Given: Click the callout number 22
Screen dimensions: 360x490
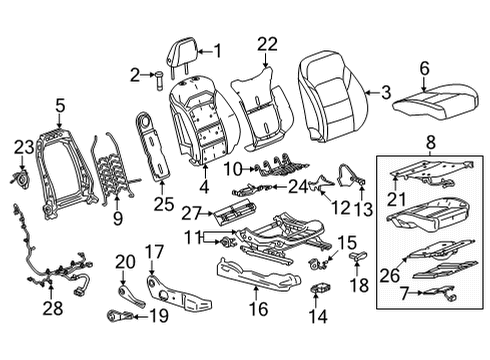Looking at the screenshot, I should click(266, 43).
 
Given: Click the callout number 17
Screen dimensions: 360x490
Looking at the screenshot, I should click(154, 251).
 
